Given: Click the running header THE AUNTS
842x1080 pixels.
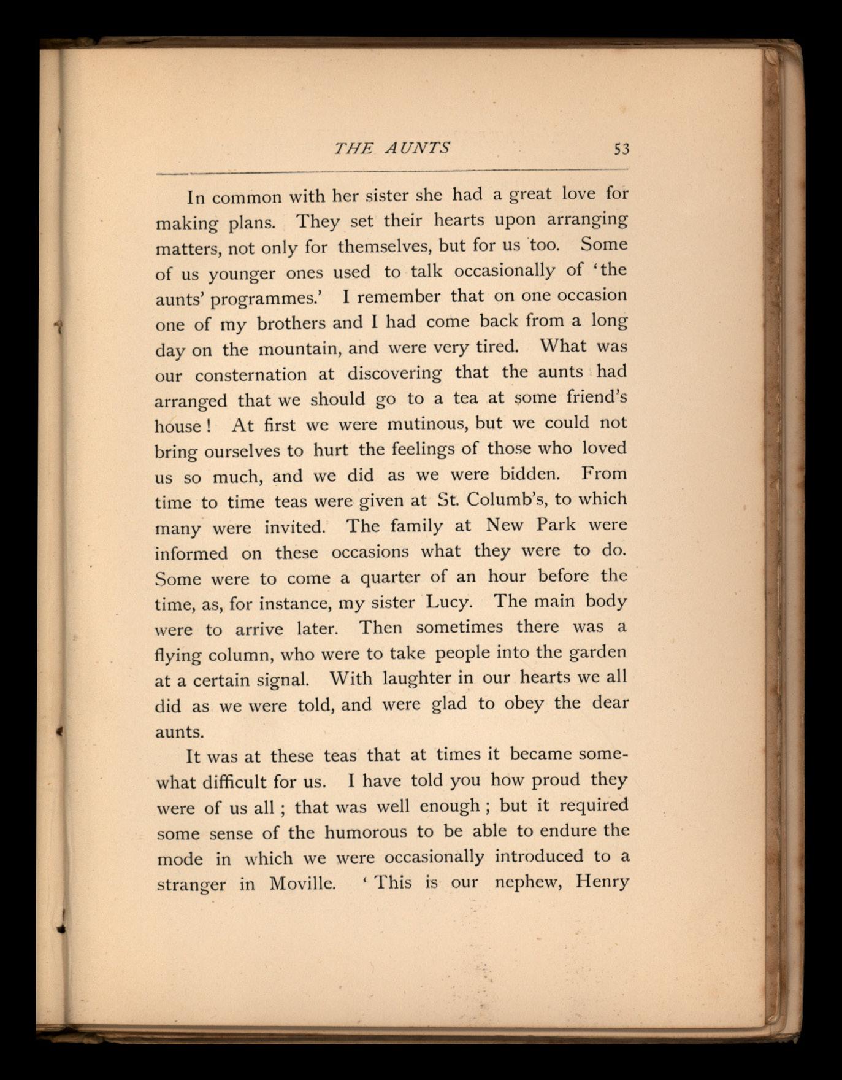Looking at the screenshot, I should tap(392, 148).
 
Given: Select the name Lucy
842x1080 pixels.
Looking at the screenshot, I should tap(448, 602).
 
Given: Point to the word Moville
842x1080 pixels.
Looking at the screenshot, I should tap(302, 884).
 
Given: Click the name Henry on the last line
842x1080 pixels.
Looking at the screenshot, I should tap(602, 882).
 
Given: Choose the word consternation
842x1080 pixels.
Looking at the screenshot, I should tap(251, 374).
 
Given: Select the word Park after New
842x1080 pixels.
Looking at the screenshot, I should tap(556, 525).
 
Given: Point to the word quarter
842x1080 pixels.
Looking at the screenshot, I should tap(389, 578).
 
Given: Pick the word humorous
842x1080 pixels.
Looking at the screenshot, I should tap(366, 833).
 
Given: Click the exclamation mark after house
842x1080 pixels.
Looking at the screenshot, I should tap(210, 426).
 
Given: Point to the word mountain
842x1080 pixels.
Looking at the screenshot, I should tap(299, 350).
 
